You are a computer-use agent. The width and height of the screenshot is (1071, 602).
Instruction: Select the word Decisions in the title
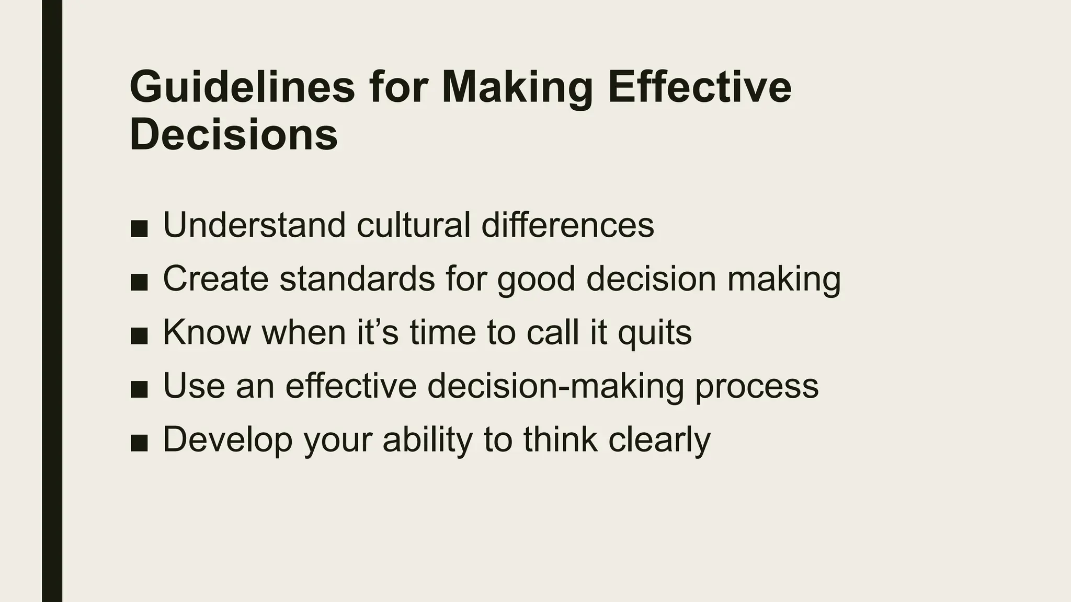coord(233,134)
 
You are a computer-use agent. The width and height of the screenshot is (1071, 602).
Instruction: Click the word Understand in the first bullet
coord(254,225)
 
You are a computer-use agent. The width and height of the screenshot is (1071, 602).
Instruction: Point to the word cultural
coord(413,225)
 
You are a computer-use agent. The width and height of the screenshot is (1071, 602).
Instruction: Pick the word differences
coord(567,225)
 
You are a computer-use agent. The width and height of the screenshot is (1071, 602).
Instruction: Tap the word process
coord(756,387)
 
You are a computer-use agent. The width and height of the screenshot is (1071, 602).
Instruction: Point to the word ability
coord(427,440)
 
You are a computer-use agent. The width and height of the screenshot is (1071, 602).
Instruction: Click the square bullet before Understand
coord(139,228)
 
